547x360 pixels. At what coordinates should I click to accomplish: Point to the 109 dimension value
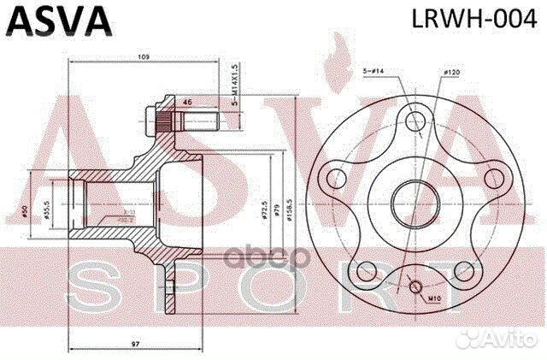[x=144, y=56]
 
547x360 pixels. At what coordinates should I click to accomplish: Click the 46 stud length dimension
[x=188, y=103]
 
